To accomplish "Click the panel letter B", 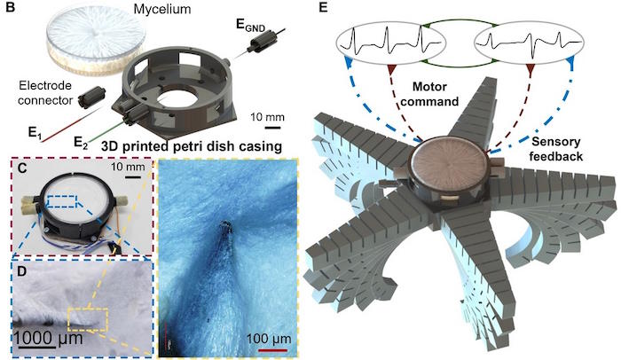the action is pyautogui.click(x=11, y=7).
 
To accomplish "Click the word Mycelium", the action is pyautogui.click(x=162, y=9).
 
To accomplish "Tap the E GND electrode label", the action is pyautogui.click(x=250, y=25).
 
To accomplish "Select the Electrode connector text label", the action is pyautogui.click(x=45, y=93).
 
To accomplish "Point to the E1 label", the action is pyautogui.click(x=35, y=133).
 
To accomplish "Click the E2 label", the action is pyautogui.click(x=81, y=142).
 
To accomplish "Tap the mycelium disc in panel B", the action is pyautogui.click(x=94, y=42).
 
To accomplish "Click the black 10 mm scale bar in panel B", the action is pyautogui.click(x=273, y=128).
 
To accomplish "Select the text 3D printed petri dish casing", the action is pyautogui.click(x=192, y=146).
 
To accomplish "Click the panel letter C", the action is pyautogui.click(x=21, y=168).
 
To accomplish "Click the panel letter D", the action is pyautogui.click(x=22, y=272).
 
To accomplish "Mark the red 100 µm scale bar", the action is pyautogui.click(x=273, y=350).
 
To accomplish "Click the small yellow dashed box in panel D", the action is pyautogui.click(x=88, y=319).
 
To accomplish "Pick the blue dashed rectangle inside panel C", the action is pyautogui.click(x=62, y=200).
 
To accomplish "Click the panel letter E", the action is pyautogui.click(x=324, y=7).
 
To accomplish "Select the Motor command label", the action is pyautogui.click(x=429, y=94).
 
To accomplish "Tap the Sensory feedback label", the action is pyautogui.click(x=556, y=149).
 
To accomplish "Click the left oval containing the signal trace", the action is pyautogui.click(x=391, y=43).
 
